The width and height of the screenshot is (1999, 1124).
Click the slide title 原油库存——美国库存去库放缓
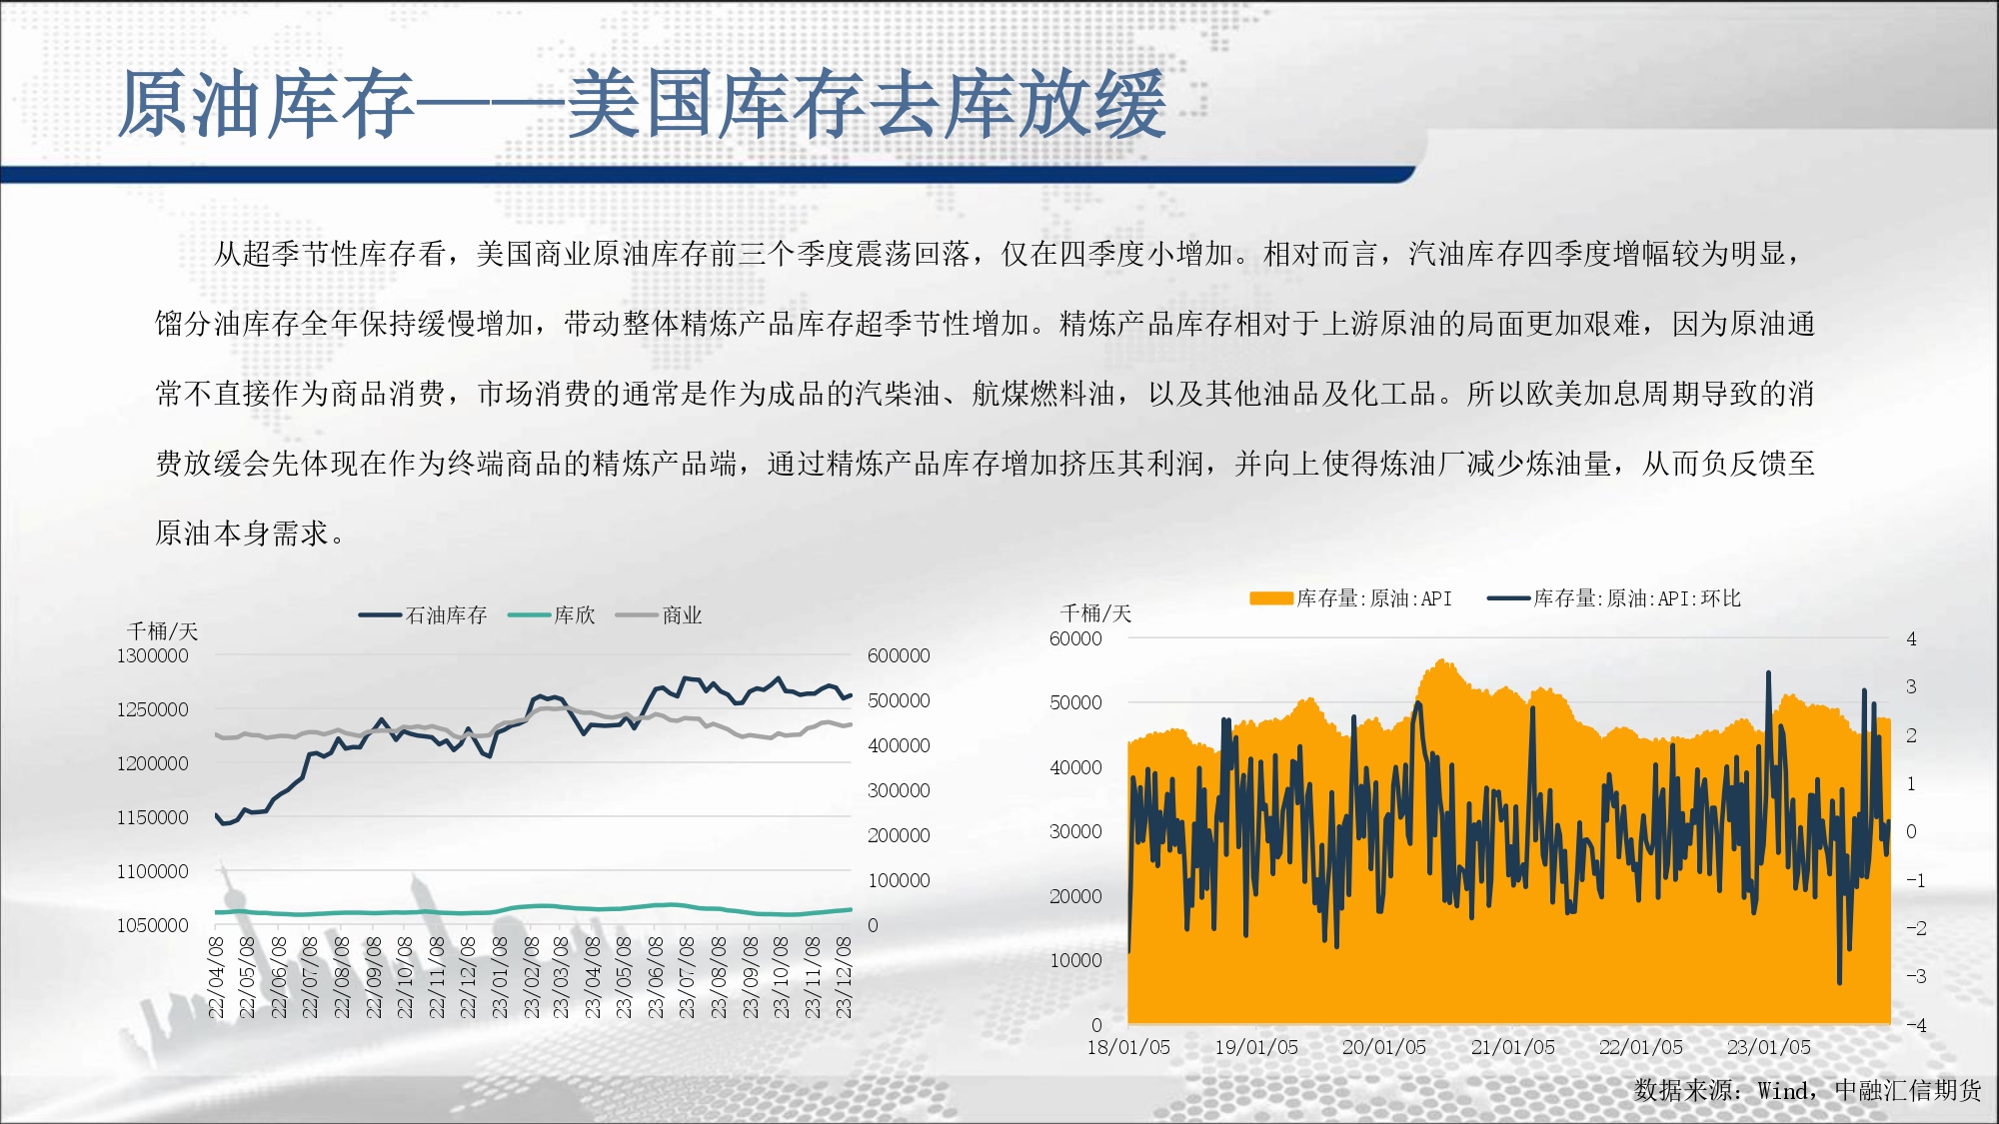point(642,104)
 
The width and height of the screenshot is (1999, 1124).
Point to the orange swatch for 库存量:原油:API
point(1270,598)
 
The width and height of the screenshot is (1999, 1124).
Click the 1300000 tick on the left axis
point(152,656)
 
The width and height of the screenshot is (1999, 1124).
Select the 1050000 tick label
point(152,926)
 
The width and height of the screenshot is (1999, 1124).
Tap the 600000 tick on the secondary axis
point(899,656)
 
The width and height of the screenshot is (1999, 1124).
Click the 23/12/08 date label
point(844,978)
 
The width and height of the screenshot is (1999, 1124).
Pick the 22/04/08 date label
point(216,978)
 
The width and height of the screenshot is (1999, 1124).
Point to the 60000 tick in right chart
point(1075,639)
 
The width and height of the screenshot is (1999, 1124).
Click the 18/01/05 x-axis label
point(1128,1048)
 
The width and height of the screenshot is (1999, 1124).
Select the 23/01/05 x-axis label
point(1769,1048)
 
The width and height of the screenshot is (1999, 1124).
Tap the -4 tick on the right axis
point(1916,1025)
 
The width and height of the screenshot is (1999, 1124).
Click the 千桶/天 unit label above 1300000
point(163,631)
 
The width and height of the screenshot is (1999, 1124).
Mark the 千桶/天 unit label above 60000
point(1095,613)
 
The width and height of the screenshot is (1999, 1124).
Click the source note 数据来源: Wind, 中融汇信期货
point(1807,1091)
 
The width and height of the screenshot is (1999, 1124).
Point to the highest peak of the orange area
point(1442,660)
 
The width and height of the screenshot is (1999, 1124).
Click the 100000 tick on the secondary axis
point(899,881)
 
